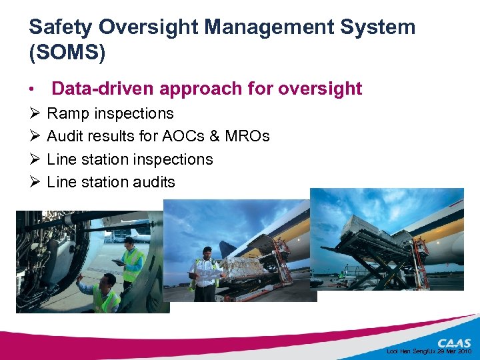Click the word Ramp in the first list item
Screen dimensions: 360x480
click(x=67, y=114)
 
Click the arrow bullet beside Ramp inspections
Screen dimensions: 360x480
click(x=35, y=114)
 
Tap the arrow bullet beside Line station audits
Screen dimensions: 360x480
click(x=35, y=182)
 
